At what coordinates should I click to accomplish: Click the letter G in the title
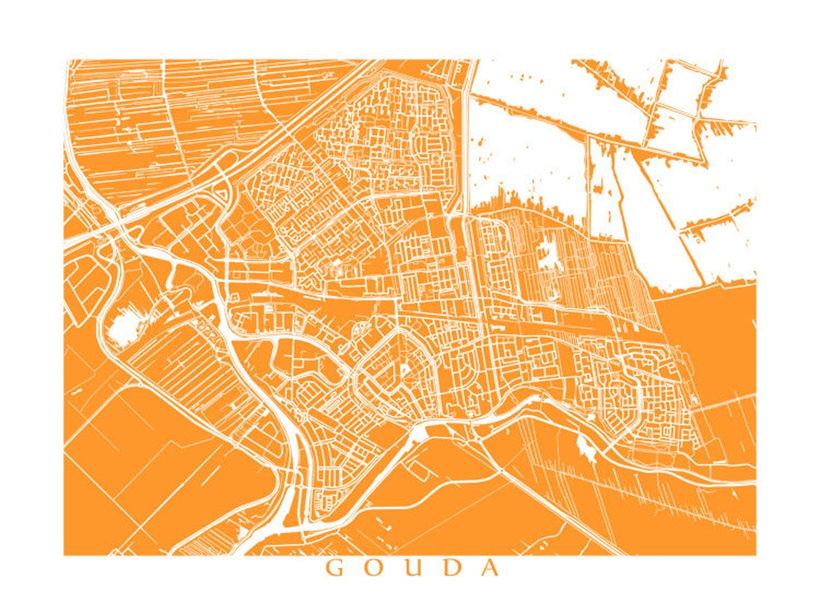[335, 568]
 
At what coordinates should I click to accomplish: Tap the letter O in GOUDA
[373, 568]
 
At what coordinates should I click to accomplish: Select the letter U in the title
[412, 568]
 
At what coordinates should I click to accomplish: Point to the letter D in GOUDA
[451, 568]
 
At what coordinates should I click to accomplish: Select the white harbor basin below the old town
[418, 434]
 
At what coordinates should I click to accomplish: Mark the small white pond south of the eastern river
[584, 448]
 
